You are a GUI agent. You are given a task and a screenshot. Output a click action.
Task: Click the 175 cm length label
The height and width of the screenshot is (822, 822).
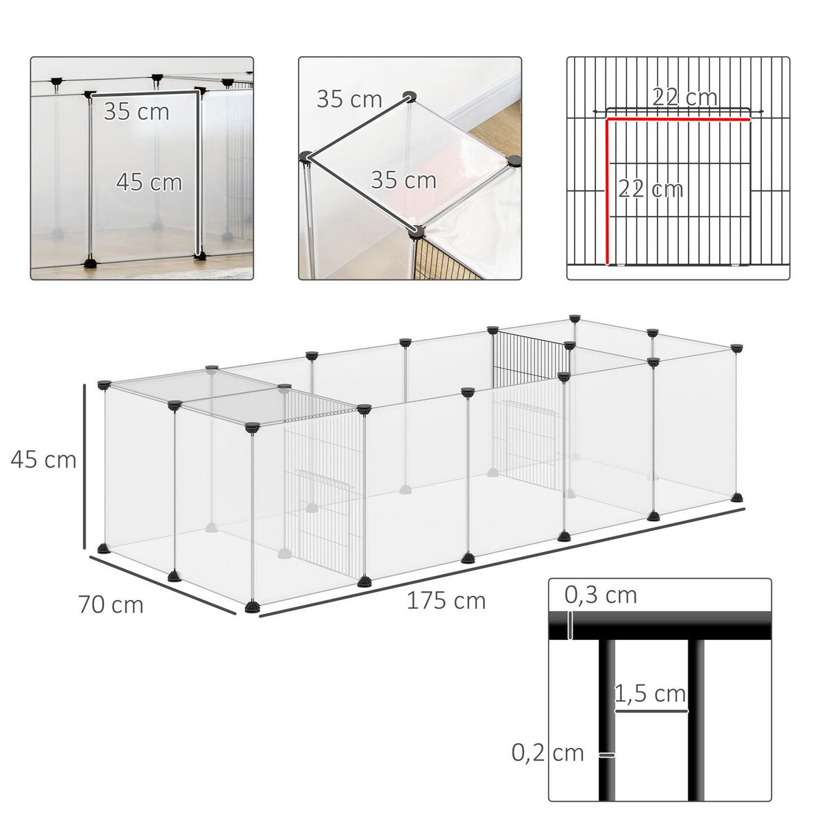pyautogui.click(x=446, y=601)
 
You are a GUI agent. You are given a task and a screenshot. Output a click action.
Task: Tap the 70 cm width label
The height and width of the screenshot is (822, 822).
pyautogui.click(x=111, y=605)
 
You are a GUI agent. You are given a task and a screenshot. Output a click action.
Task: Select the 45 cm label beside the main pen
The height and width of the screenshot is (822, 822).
pyautogui.click(x=43, y=459)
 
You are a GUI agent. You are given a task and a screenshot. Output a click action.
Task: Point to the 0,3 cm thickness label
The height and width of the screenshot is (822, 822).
pyautogui.click(x=601, y=595)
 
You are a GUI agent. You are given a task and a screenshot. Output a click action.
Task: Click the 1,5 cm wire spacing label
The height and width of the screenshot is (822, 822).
pyautogui.click(x=650, y=694)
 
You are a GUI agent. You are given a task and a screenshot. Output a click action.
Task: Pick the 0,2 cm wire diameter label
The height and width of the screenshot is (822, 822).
pyautogui.click(x=548, y=753)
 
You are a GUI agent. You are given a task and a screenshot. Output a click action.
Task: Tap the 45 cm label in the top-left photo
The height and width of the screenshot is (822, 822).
pyautogui.click(x=149, y=182)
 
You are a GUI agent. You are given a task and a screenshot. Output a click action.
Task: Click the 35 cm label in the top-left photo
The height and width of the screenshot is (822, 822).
pyautogui.click(x=136, y=111)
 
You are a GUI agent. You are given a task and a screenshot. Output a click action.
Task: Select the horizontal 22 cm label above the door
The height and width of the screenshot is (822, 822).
pyautogui.click(x=684, y=97)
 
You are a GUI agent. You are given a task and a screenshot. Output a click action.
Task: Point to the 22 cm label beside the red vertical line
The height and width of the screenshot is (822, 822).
pyautogui.click(x=650, y=188)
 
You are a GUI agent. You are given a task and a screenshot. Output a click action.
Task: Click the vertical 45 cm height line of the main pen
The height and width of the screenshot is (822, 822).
pyautogui.click(x=84, y=466)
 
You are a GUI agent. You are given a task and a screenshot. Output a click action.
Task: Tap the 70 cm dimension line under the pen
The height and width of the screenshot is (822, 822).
pyautogui.click(x=162, y=584)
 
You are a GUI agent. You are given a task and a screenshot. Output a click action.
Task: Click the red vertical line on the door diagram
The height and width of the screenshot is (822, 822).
pyautogui.click(x=607, y=192)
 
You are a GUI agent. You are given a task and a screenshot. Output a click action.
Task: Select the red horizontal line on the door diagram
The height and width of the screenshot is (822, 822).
pyautogui.click(x=678, y=119)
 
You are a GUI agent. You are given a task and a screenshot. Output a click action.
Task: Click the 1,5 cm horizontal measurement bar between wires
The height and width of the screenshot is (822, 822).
pyautogui.click(x=651, y=711)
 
